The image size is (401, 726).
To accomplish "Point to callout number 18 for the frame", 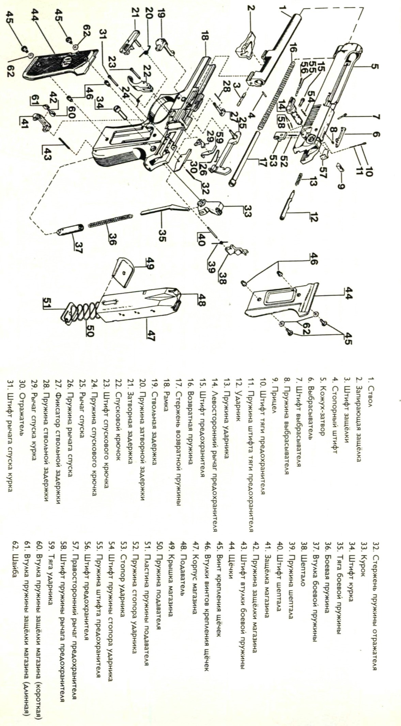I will click(204, 36).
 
